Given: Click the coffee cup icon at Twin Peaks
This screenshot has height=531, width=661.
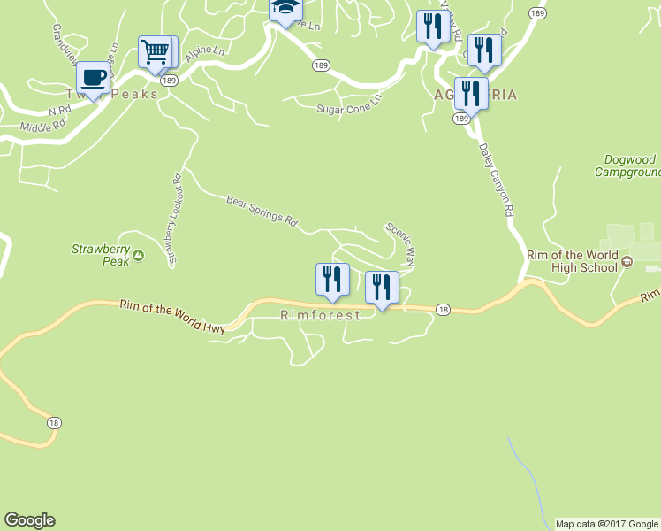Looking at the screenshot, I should pos(94,77).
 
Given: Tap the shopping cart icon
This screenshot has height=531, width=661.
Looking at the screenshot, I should pos(156,51).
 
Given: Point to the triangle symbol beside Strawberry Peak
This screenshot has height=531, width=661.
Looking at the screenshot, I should pos(138,259).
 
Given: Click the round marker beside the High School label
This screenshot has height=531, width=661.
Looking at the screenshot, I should pos(627,261).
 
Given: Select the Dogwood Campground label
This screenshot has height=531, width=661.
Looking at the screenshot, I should pos(629,165).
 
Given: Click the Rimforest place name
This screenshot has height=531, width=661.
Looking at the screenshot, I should pos(320,315).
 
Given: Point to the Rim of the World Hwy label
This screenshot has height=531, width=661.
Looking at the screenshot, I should pos(172,316).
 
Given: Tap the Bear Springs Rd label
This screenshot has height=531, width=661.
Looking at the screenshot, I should pos(261,211).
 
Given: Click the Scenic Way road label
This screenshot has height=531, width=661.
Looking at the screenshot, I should pos(400,243).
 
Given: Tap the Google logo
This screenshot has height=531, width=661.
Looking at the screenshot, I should pos(29,520).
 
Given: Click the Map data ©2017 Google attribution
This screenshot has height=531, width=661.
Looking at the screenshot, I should pos(607,524).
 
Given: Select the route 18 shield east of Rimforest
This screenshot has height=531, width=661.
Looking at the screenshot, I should pos(443,309).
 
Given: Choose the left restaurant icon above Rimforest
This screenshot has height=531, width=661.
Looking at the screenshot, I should pos(332,280).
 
